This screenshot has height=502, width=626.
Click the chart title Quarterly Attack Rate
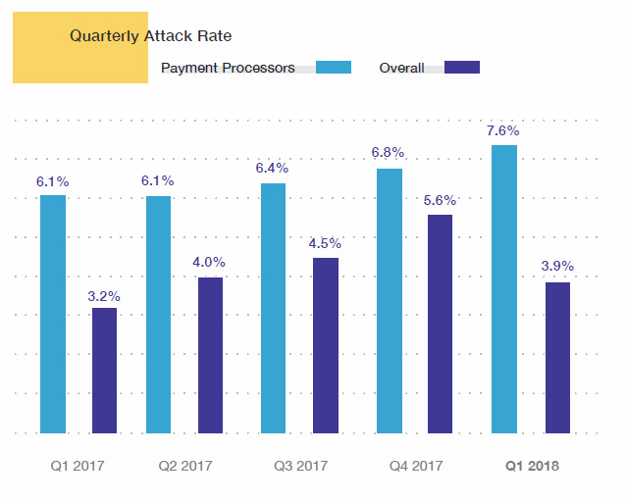(x=150, y=36)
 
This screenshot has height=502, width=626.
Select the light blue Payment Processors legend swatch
(x=334, y=68)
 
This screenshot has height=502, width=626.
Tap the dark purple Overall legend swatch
(x=461, y=68)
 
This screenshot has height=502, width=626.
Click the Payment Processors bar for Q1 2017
(x=53, y=314)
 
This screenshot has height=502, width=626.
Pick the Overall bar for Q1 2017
(x=104, y=370)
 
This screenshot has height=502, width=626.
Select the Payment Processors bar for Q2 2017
(x=158, y=314)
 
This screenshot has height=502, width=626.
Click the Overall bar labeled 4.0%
(x=210, y=355)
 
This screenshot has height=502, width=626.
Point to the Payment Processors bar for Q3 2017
(x=273, y=308)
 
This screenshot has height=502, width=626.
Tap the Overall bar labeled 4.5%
(x=325, y=345)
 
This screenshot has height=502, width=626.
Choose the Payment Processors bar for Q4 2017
(x=389, y=300)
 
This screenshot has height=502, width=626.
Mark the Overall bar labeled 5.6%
(x=440, y=324)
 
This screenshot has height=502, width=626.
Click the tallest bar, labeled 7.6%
(x=504, y=288)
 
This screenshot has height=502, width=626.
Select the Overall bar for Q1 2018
(x=556, y=357)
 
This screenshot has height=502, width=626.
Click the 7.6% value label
(x=503, y=130)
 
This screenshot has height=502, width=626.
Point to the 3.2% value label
(x=104, y=294)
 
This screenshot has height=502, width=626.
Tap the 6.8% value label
(x=389, y=153)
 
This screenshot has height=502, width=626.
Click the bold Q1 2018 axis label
(x=532, y=466)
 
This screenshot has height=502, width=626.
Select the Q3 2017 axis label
(x=299, y=466)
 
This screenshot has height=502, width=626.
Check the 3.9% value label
(x=557, y=266)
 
